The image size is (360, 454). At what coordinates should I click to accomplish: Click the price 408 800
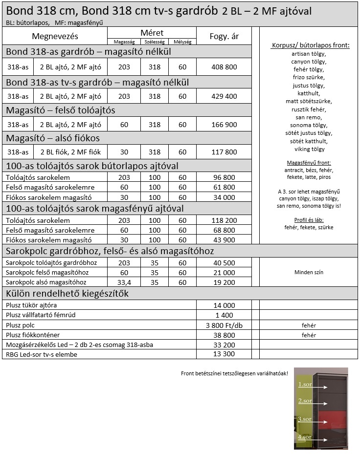[225, 67]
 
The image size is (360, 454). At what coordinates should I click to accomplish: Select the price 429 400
[225, 96]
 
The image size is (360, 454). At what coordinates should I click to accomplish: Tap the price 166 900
[225, 125]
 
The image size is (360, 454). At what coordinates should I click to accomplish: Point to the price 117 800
[225, 152]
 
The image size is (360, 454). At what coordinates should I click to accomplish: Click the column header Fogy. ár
[225, 36]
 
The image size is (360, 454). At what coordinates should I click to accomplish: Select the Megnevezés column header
[55, 36]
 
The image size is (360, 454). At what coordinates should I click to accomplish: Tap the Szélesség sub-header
[155, 42]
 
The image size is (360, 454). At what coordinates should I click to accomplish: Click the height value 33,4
[124, 282]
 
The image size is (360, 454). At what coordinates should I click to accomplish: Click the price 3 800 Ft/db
[225, 325]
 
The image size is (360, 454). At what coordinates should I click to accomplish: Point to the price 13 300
[225, 354]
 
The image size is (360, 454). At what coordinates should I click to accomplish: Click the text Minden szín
[309, 272]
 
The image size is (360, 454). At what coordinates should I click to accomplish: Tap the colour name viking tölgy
[309, 149]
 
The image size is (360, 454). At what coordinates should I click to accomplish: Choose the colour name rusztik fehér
[309, 109]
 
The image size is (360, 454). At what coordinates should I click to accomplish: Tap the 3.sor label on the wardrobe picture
[305, 419]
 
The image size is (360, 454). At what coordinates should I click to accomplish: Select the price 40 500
[225, 263]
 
